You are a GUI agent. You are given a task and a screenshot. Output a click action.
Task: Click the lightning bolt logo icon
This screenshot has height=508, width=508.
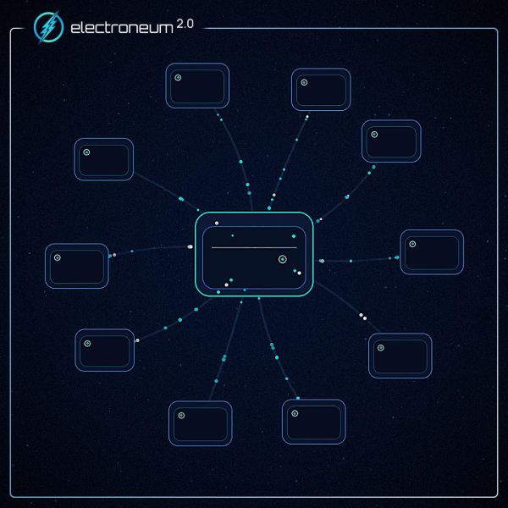click(x=48, y=27)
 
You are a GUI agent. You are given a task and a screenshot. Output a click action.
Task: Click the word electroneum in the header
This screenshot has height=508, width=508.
click(x=122, y=28)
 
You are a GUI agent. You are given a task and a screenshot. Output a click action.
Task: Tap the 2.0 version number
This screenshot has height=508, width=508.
click(x=185, y=24)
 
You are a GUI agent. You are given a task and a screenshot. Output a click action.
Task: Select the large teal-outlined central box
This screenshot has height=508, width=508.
click(x=254, y=254)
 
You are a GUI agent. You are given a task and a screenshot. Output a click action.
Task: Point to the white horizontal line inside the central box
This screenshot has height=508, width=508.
click(x=254, y=247)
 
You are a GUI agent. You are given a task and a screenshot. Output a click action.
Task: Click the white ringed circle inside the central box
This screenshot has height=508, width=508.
click(x=283, y=259)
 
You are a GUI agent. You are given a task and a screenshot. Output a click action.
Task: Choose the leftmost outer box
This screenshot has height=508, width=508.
click(x=77, y=266)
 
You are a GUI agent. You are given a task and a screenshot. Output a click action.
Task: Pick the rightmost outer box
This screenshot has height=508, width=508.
click(x=432, y=252)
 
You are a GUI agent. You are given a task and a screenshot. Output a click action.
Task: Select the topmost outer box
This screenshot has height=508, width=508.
click(x=197, y=86)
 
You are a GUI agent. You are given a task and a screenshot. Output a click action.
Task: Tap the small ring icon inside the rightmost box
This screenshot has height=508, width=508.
click(x=412, y=244)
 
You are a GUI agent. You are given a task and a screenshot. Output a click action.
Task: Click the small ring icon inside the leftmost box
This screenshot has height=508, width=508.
click(x=58, y=257)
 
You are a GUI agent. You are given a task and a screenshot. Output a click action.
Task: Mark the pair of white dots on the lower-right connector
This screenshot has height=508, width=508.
click(x=363, y=317)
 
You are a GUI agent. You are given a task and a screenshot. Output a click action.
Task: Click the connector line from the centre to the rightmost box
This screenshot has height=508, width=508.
click(x=358, y=260)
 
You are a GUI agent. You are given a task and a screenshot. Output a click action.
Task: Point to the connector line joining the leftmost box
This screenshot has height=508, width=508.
click(x=151, y=250)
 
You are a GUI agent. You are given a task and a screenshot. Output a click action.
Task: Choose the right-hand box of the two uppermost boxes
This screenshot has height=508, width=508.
click(x=321, y=90)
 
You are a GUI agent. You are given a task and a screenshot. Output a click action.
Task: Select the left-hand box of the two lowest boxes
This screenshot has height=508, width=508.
click(x=200, y=423)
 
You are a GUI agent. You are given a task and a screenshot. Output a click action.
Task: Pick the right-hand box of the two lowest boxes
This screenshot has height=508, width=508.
click(x=313, y=422)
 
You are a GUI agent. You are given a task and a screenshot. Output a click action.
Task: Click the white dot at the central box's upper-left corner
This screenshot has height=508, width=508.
click(x=217, y=223)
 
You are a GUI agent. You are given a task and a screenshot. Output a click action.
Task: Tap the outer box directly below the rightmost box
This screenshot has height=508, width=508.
click(x=400, y=356)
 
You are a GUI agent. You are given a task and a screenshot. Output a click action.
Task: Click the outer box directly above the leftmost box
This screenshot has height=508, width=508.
click(x=103, y=159)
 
